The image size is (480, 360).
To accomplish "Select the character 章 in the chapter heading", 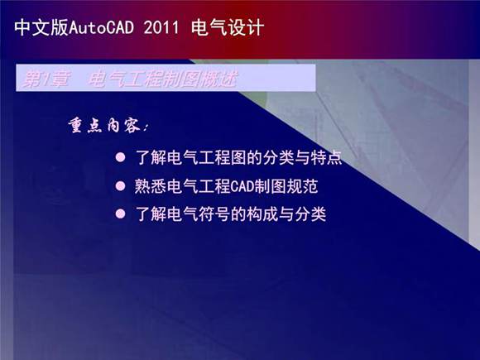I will [x=58, y=79].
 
